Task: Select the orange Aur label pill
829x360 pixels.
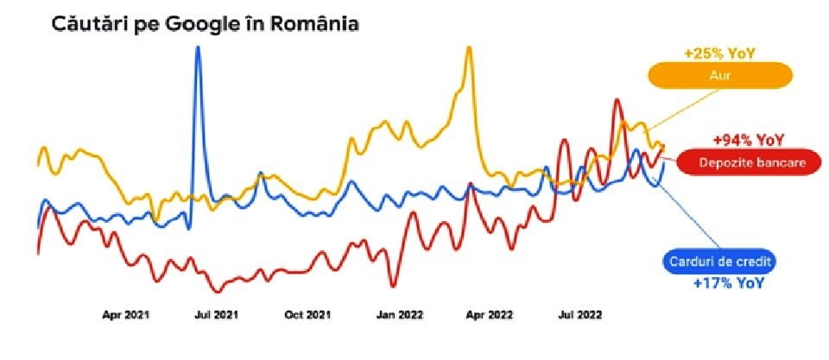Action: pyautogui.click(x=721, y=76)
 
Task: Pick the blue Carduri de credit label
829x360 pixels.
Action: pyautogui.click(x=718, y=262)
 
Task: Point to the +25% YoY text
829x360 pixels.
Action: pyautogui.click(x=719, y=54)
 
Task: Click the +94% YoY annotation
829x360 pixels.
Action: pyautogui.click(x=748, y=140)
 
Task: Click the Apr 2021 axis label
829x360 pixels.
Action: pyautogui.click(x=126, y=315)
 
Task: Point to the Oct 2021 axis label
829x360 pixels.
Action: pyautogui.click(x=307, y=315)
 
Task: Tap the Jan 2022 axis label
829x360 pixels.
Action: pyautogui.click(x=399, y=315)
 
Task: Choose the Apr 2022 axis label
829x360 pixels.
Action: pyautogui.click(x=490, y=315)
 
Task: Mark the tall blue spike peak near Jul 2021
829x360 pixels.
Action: pyautogui.click(x=199, y=48)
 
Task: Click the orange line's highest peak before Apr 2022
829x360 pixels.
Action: pyautogui.click(x=469, y=48)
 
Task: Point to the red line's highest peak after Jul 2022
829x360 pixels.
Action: pyautogui.click(x=617, y=101)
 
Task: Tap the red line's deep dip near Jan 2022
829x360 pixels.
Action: pyautogui.click(x=393, y=285)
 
